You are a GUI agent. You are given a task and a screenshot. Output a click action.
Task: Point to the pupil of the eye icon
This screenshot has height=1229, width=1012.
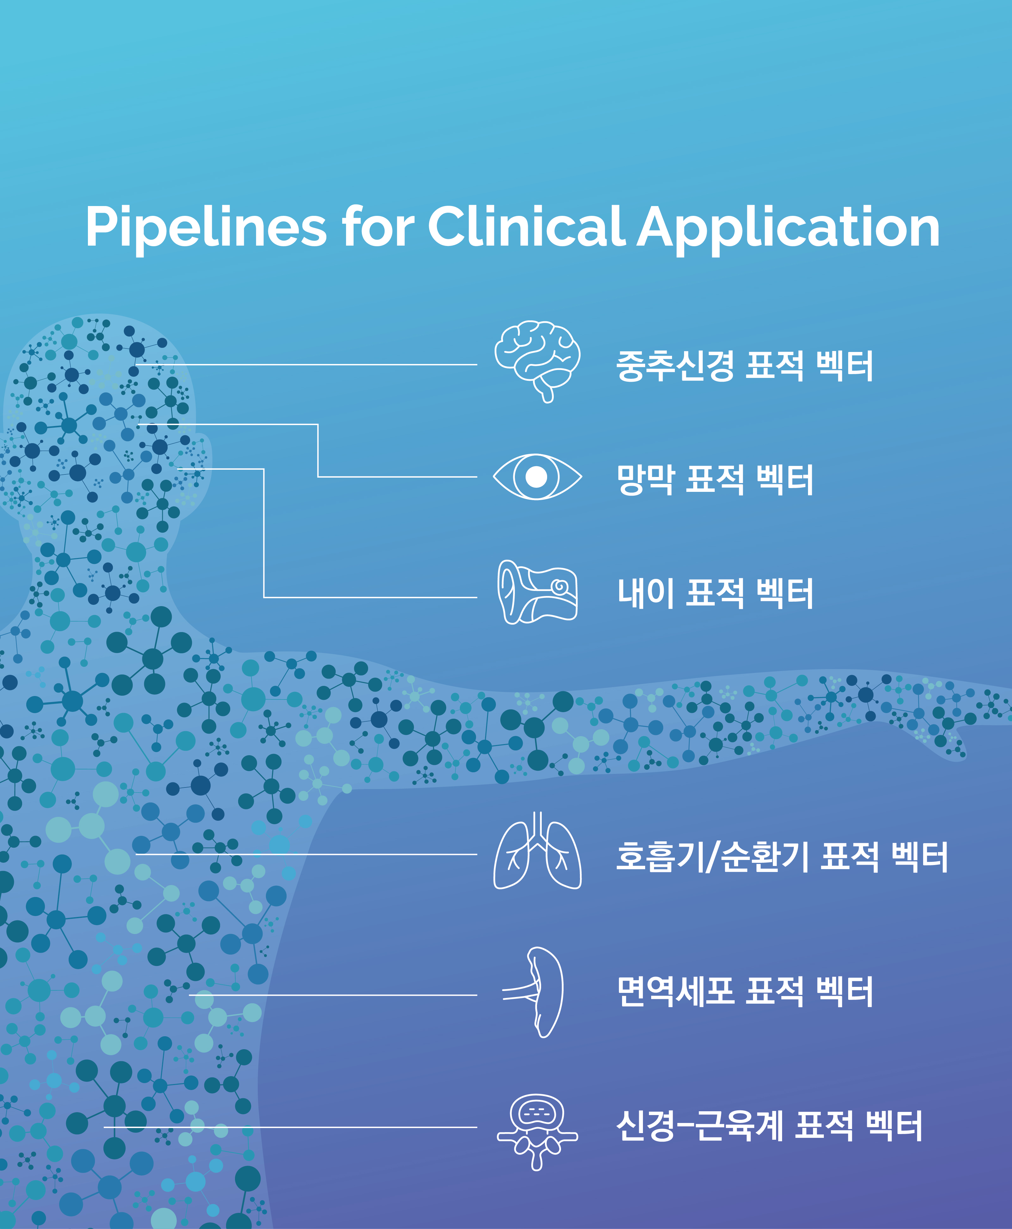click(x=536, y=477)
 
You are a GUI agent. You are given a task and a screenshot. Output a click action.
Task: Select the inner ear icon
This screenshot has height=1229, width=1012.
click(x=538, y=592)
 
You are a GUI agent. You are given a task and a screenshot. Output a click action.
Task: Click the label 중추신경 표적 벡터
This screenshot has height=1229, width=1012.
click(x=744, y=366)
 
